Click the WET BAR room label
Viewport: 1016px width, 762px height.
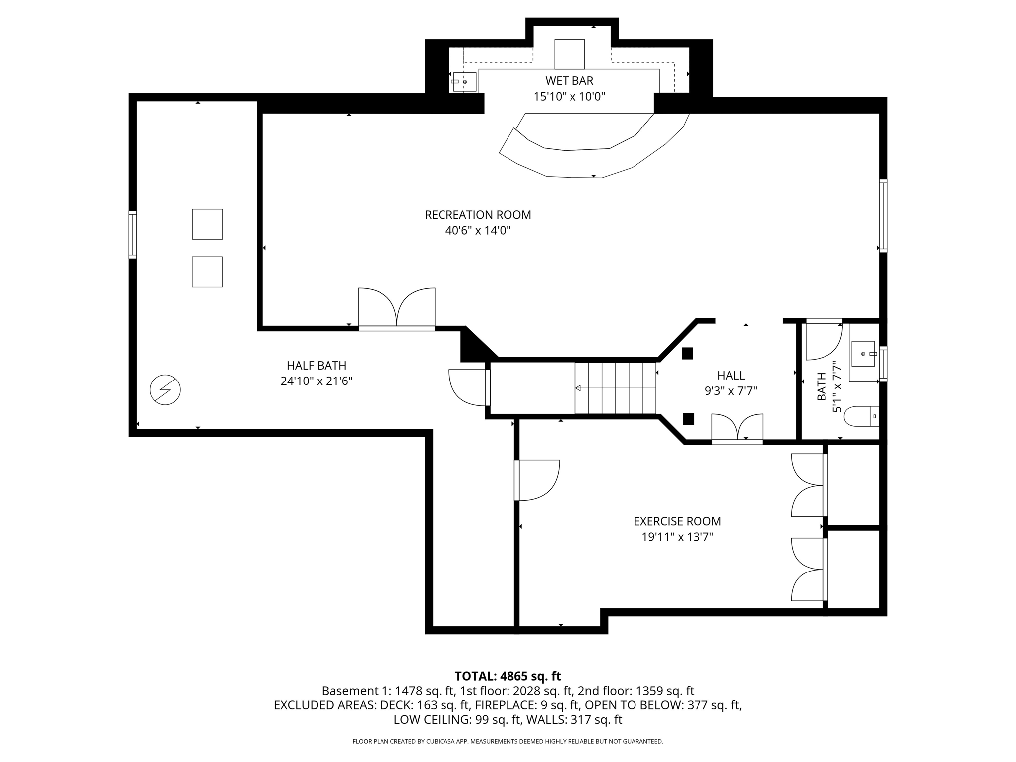(569, 80)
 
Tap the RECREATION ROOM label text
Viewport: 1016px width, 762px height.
(478, 215)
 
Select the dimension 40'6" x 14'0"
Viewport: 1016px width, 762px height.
(478, 231)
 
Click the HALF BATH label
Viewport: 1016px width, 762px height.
(317, 366)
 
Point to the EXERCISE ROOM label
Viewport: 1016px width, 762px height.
(677, 521)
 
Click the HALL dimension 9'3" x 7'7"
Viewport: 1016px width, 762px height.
(731, 391)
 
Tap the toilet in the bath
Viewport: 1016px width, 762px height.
(861, 416)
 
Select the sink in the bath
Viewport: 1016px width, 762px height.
(863, 354)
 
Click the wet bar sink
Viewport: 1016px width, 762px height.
(464, 82)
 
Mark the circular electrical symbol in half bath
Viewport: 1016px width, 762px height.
(165, 389)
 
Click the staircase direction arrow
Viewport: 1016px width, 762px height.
(578, 388)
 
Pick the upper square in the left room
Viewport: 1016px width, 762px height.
(207, 224)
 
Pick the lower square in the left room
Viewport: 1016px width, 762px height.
(207, 272)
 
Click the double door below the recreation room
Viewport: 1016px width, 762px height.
(397, 309)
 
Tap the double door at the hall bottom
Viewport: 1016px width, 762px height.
(737, 428)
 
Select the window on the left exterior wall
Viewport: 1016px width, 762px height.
(133, 235)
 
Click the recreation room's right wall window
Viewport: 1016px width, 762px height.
(883, 215)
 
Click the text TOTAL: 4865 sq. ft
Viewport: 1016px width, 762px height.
(508, 676)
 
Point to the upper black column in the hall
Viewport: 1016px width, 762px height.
(687, 353)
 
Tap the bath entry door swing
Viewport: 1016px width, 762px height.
(824, 340)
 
